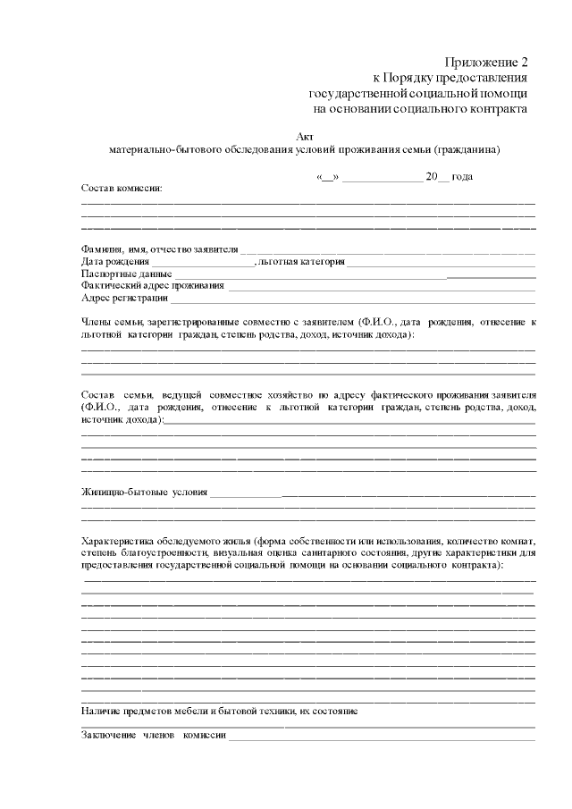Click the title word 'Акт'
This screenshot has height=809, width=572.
pos(304,136)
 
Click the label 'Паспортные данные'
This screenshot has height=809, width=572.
pos(126,274)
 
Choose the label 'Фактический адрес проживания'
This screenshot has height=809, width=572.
pos(153,285)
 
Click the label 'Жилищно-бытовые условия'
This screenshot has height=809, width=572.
pos(144,492)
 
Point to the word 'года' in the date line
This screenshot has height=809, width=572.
pos(462,177)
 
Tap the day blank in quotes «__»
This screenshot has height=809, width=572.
pos(326,177)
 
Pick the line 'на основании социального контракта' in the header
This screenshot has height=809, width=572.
pos(420,108)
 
